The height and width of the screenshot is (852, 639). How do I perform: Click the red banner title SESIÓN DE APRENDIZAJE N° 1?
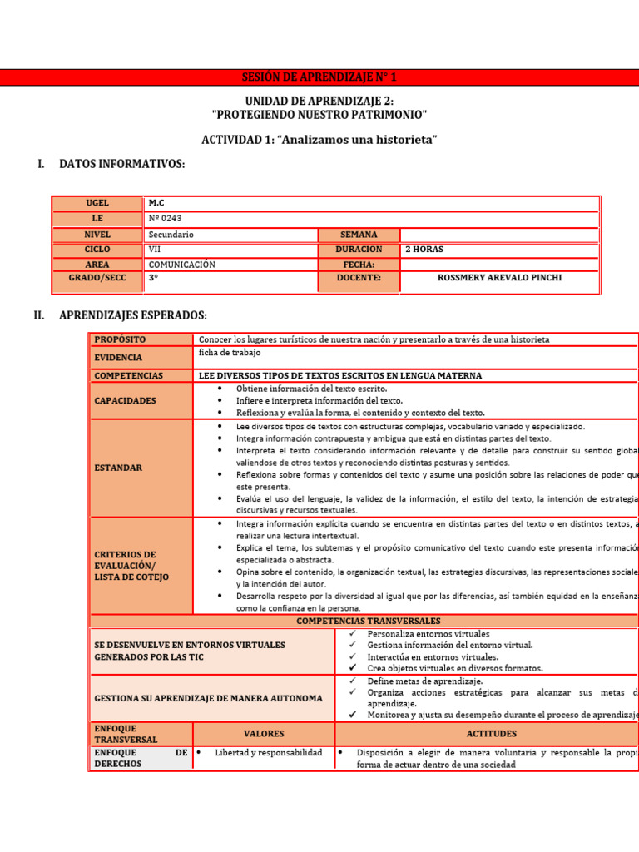pos(319,77)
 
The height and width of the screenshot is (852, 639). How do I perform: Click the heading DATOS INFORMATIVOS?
pos(121,164)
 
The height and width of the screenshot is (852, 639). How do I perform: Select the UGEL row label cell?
pos(97,203)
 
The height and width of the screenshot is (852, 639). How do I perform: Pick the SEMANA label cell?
pos(359,235)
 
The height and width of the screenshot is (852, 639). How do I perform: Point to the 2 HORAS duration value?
pos(424,250)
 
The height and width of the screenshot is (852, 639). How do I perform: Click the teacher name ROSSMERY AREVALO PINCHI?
pos(499,278)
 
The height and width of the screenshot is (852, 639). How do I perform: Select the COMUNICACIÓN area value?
pos(181,265)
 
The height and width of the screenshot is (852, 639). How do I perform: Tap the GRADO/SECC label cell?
pos(97,278)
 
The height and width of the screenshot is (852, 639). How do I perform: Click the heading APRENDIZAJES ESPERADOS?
pos(132,315)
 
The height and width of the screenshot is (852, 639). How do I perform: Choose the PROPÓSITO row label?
pos(120,339)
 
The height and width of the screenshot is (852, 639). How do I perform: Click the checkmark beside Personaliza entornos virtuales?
pos(353,634)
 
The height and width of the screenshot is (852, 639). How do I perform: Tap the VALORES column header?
pos(264,734)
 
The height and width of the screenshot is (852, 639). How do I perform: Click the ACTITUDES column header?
pos(492,734)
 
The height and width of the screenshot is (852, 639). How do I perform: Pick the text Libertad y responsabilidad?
pos(268,753)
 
